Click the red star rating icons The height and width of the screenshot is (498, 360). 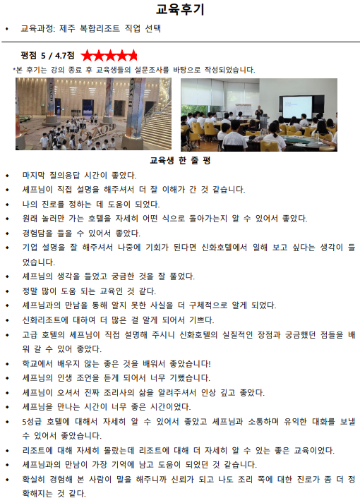click(109, 55)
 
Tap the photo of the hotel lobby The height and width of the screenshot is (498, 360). click(93, 114)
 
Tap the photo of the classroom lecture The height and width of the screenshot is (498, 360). click(258, 114)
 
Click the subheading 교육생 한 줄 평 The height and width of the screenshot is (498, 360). click(180, 160)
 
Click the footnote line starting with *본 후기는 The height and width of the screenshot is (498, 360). click(134, 70)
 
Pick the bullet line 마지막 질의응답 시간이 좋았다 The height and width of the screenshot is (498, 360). click(80, 175)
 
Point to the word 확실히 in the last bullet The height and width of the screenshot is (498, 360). click(34, 479)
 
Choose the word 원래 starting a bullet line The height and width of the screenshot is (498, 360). click(30, 218)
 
